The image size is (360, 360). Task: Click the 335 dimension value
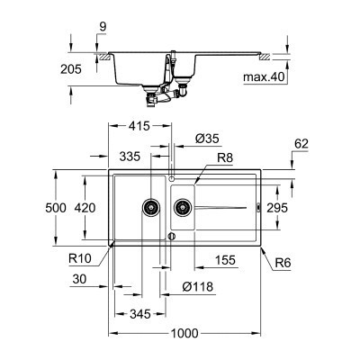coord(130,157)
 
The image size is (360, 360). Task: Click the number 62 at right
coord(301,142)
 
